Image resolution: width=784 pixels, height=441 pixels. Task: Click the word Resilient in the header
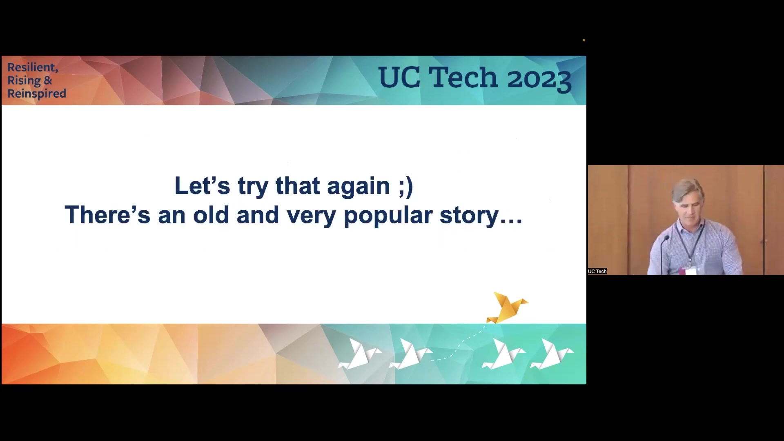point(33,68)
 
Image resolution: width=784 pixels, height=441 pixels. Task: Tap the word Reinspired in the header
point(37,94)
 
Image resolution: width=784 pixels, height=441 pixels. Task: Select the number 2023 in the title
point(539,78)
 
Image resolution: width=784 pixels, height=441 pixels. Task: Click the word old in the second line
point(211,214)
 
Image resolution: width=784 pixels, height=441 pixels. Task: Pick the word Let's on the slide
point(202,186)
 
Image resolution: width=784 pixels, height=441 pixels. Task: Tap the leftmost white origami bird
point(359,354)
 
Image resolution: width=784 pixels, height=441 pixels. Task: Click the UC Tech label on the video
point(597,272)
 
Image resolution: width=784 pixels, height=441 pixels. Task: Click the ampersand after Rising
point(48,81)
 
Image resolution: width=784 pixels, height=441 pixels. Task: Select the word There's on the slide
point(107,214)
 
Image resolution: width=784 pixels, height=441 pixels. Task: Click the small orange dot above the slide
point(584,40)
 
